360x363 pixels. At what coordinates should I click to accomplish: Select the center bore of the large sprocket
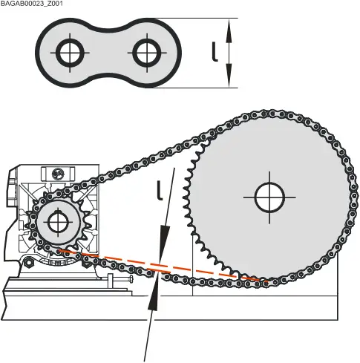[269, 197]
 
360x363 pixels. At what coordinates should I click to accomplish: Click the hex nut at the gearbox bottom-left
[27, 261]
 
